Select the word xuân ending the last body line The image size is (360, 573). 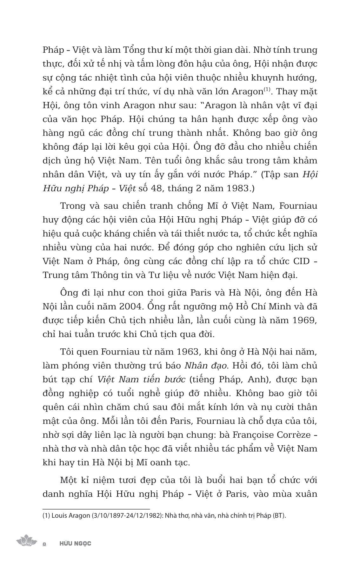pos(307,494)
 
